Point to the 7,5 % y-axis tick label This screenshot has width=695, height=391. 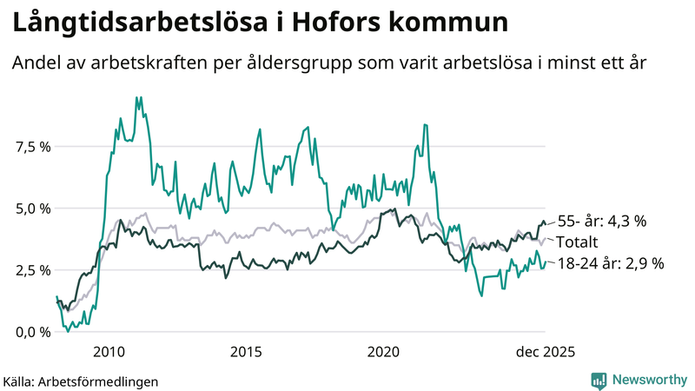(32, 146)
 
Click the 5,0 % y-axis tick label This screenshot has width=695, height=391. (32, 209)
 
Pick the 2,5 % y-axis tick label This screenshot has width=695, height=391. (32, 270)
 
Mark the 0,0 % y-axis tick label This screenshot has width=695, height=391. (32, 332)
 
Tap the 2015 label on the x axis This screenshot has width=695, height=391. (247, 352)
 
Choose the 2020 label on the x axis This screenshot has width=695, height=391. (383, 352)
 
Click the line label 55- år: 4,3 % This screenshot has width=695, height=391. (601, 222)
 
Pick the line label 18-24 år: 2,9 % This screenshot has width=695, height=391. (610, 263)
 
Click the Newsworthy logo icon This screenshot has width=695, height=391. (599, 380)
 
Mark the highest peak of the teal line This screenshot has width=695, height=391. (137, 97)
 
